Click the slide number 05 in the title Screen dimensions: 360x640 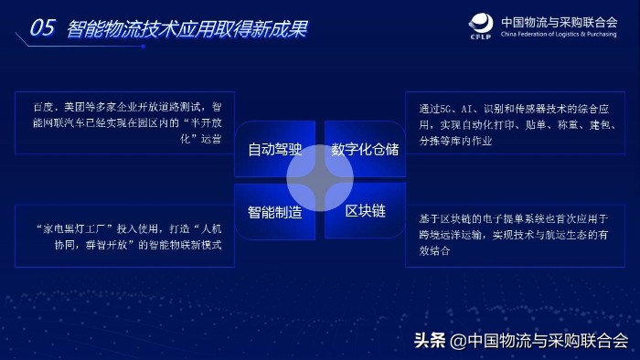(x=43, y=28)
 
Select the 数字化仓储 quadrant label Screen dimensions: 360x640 (x=365, y=148)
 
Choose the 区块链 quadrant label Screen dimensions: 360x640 (x=365, y=212)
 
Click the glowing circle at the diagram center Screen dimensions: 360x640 (x=319, y=179)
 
